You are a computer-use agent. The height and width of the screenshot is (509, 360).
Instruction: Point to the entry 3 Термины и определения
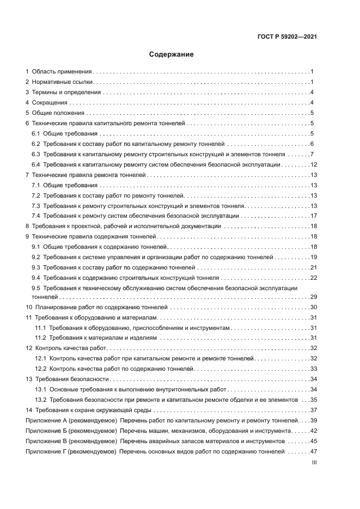click(64, 93)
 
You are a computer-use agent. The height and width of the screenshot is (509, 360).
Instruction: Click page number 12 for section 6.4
click(313, 164)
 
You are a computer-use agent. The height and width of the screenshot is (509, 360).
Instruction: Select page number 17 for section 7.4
click(313, 216)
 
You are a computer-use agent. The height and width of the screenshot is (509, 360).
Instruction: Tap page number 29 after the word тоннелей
click(313, 297)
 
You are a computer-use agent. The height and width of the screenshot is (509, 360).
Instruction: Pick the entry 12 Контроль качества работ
click(66, 348)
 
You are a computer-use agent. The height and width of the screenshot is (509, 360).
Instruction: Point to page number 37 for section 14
click(313, 410)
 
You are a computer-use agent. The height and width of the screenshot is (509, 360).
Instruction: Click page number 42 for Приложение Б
click(313, 431)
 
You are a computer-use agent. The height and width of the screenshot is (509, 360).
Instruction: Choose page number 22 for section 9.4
click(313, 278)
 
